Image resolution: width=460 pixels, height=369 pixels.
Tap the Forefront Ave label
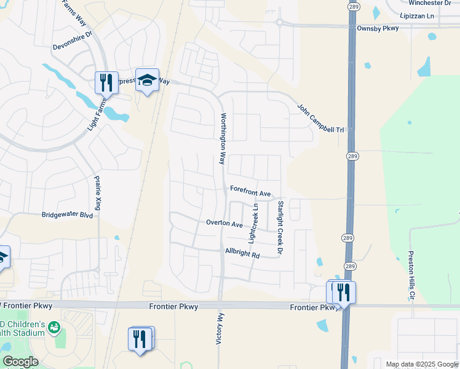click(x=250, y=192)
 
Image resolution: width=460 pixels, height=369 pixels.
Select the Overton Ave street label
click(x=224, y=223)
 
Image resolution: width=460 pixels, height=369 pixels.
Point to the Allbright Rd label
click(x=242, y=253)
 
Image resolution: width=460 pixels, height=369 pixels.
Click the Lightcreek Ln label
click(x=253, y=221)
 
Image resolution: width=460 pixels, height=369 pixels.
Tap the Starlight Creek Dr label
click(x=280, y=228)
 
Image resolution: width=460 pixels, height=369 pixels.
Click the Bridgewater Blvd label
click(x=67, y=215)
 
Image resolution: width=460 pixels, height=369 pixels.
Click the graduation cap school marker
click(x=147, y=81)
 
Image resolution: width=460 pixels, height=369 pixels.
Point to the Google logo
click(x=20, y=361)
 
